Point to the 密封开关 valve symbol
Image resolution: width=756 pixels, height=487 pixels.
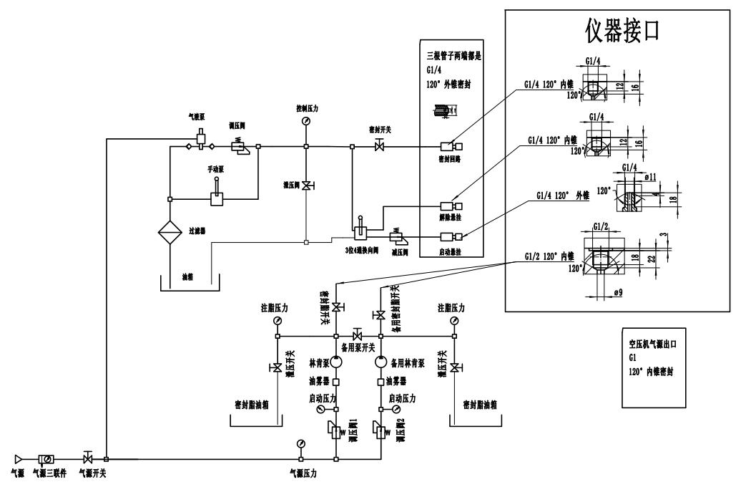click(379, 147)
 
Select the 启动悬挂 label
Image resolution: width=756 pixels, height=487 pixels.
click(449, 252)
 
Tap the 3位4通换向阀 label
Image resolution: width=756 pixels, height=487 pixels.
click(358, 252)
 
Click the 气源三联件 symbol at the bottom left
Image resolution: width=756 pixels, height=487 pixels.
click(47, 458)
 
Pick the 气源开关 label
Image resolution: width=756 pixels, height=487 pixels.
click(92, 473)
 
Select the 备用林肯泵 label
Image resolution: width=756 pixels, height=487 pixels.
click(411, 363)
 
